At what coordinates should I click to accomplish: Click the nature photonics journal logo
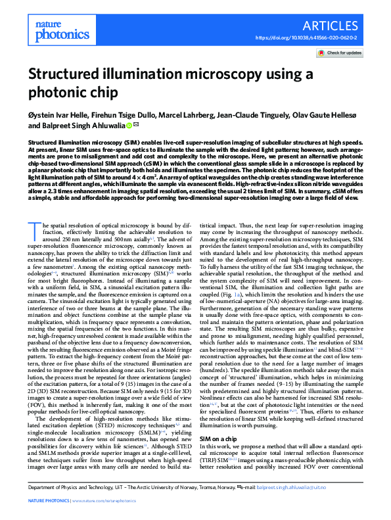coord(51,26)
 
